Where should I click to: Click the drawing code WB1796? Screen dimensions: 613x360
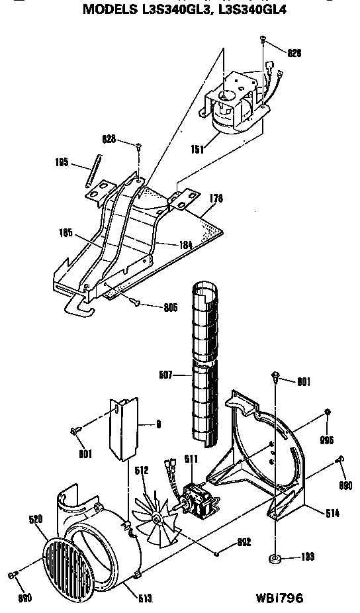pos(279,598)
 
